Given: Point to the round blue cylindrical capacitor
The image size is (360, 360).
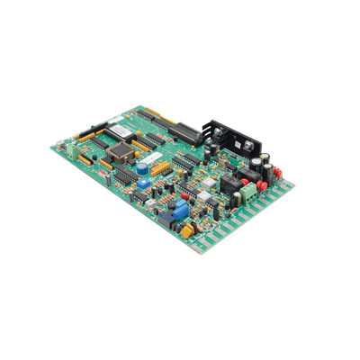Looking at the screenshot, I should (x=143, y=167).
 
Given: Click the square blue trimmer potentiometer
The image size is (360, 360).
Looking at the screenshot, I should (x=180, y=210).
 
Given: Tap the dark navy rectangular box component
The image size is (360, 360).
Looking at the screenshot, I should (x=167, y=218).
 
